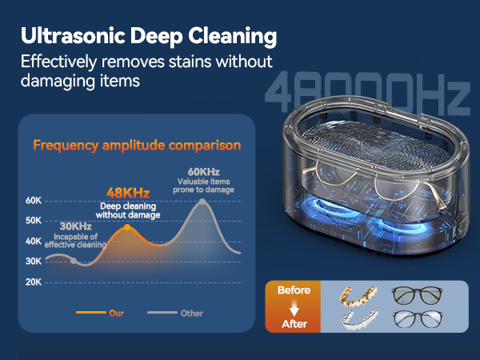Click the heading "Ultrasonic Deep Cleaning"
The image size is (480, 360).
click(149, 36)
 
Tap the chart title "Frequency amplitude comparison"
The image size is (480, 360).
click(136, 146)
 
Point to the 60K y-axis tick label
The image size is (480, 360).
click(34, 200)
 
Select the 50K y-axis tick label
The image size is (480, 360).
click(34, 221)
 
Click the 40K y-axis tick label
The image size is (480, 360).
click(34, 241)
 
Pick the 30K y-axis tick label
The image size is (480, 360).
click(34, 262)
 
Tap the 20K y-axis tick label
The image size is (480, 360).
click(34, 282)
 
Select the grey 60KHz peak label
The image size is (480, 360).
click(203, 172)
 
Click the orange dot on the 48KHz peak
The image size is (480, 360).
click(127, 228)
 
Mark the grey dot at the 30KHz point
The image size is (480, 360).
click(74, 261)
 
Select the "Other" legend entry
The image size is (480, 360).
click(191, 313)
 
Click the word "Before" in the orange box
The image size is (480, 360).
click(293, 290)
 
